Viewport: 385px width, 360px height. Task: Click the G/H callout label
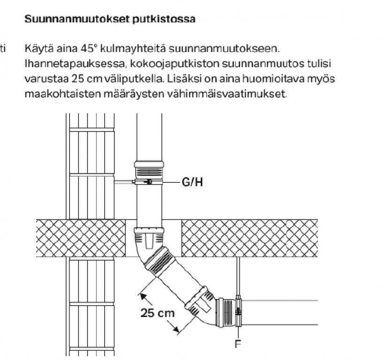[x=192, y=183]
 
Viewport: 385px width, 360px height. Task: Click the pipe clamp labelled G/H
[x=149, y=182]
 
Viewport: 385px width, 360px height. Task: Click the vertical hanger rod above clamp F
[x=239, y=277]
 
